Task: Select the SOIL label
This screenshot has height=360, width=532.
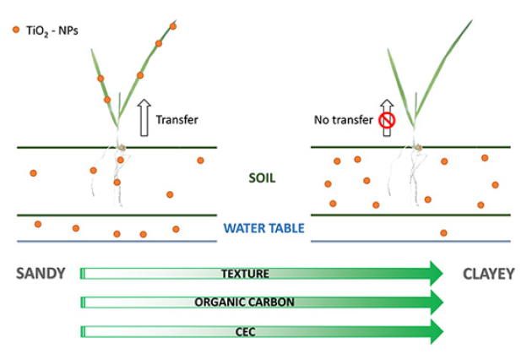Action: coord(263,179)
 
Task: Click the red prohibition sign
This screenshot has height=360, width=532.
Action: coord(387,120)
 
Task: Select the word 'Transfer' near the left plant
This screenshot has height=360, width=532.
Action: coord(177,120)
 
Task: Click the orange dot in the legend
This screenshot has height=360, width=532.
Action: coord(15,30)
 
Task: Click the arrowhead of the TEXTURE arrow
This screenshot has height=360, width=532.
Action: coord(435,273)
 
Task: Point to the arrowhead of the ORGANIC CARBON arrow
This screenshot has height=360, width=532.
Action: coord(435,302)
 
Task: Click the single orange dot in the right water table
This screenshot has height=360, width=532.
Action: coord(443,232)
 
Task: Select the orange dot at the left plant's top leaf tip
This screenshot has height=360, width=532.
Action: coord(173,26)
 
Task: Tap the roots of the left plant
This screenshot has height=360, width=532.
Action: coord(117,173)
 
